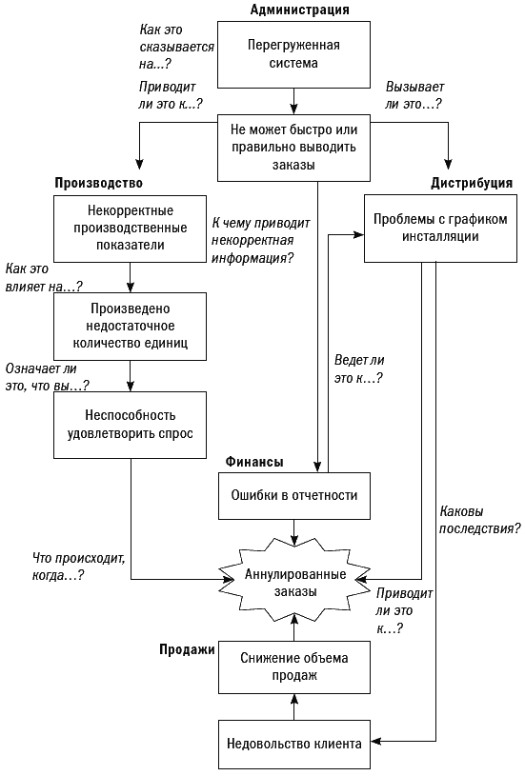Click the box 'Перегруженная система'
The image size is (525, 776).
coord(294,54)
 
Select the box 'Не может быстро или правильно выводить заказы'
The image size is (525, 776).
coord(294,148)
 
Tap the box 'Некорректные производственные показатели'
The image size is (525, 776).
coord(131,229)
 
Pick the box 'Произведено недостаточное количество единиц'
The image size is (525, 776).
coord(131,327)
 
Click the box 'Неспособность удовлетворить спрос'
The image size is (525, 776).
coord(131,425)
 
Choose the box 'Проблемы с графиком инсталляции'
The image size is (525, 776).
coord(441,228)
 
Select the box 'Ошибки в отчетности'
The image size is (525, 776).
coord(294,496)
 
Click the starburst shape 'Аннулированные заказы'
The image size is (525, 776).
coord(295,583)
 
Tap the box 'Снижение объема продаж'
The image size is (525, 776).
coord(294,667)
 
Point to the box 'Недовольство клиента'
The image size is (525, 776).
coord(294,745)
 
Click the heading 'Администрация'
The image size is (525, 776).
coord(299,10)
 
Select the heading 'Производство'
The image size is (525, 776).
coord(98,183)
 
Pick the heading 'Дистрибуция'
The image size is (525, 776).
coord(472,183)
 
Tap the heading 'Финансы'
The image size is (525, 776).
coord(254,462)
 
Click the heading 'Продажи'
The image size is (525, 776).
coord(187,649)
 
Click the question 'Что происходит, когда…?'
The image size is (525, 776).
coord(79,567)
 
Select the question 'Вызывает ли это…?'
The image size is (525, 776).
coord(415,95)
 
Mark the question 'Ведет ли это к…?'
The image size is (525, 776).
coord(359,369)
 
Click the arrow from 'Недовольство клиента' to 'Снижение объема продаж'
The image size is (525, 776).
coord(294,707)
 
